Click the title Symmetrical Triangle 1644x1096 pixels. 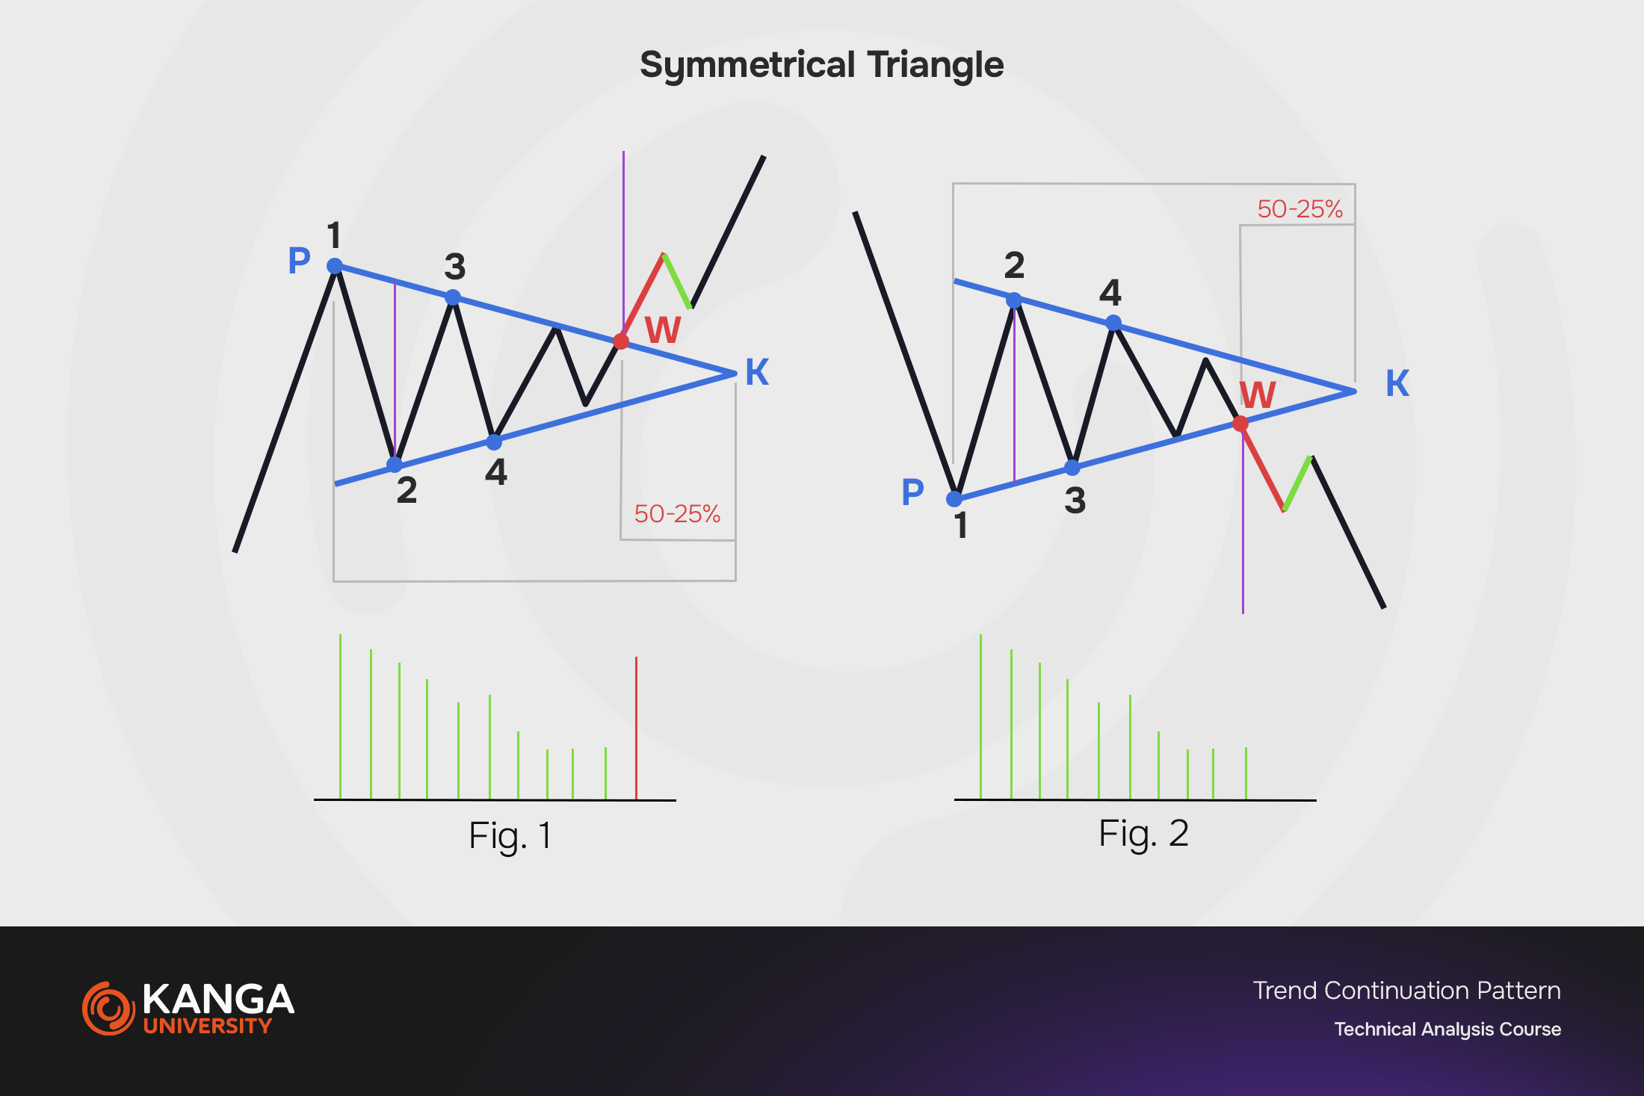tap(821, 66)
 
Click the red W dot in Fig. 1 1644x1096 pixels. tap(621, 341)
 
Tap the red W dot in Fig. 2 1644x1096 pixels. tap(1240, 424)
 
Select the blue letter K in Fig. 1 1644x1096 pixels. tap(757, 371)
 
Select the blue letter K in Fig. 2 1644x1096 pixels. tap(1397, 383)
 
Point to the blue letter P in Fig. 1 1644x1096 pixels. tap(299, 260)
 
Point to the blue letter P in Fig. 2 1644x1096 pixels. tap(912, 492)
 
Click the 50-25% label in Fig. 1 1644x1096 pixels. tap(677, 514)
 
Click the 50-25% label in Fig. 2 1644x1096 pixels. tap(1300, 209)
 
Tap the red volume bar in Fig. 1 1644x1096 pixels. tap(636, 728)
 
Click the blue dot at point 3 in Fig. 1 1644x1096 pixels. tap(453, 297)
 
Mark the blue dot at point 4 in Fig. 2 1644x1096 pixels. tap(1113, 323)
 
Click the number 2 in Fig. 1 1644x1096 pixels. tap(407, 490)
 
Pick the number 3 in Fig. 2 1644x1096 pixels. tap(1075, 500)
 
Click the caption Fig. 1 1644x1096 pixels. tap(510, 835)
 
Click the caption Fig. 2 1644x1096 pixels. tap(1143, 834)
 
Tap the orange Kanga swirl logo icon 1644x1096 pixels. tap(108, 1009)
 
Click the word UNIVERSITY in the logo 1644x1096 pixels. tap(208, 1026)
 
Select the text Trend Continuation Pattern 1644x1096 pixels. tap(1406, 991)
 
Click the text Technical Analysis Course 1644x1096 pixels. tap(1447, 1030)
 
